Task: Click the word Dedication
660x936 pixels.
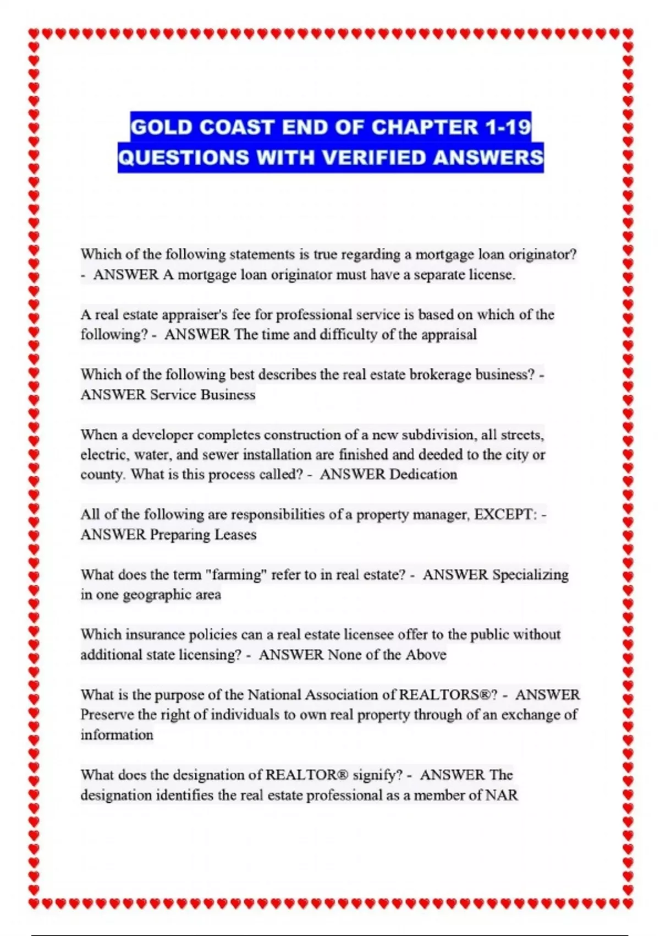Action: click(x=423, y=475)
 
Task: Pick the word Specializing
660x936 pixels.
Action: click(x=530, y=575)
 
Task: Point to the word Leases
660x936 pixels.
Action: click(x=235, y=535)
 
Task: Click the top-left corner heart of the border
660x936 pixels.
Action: click(x=34, y=34)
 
